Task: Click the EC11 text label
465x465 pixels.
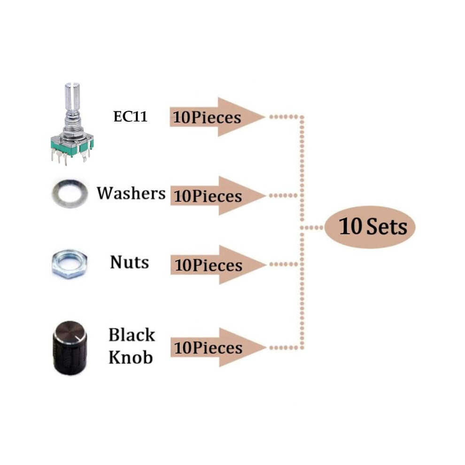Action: click(x=130, y=116)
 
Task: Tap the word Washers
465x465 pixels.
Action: click(x=131, y=194)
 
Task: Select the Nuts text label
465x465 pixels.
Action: click(x=129, y=263)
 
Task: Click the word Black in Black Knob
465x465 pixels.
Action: click(x=132, y=335)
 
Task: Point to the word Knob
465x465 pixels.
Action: click(x=131, y=357)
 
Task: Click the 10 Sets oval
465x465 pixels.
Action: click(x=370, y=227)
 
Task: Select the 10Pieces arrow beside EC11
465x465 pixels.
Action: click(x=217, y=117)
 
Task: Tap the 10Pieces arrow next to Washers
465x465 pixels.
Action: click(x=217, y=196)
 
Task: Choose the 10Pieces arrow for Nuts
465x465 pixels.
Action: click(x=218, y=264)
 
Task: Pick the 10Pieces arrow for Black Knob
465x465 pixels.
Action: click(x=218, y=347)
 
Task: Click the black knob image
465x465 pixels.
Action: click(x=70, y=348)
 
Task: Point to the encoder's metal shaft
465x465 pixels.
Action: click(x=72, y=102)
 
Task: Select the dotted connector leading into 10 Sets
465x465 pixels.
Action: click(x=312, y=227)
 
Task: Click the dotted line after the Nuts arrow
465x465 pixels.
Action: click(x=284, y=264)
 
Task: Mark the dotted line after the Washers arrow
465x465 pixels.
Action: click(x=284, y=195)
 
